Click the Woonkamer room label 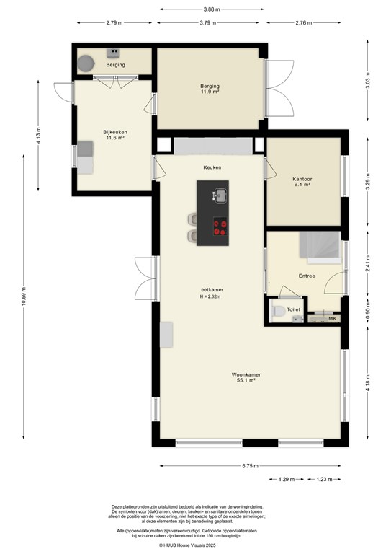coord(246,375)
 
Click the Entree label coord(307,276)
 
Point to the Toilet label coord(294,309)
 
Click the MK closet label coord(332,317)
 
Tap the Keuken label coord(212,167)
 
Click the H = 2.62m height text coord(210,296)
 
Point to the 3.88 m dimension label coord(211,9)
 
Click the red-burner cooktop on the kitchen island coord(220,229)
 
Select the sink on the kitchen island coord(217,194)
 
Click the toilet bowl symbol coord(278,312)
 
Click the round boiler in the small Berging coord(86,62)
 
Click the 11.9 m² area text coord(210,92)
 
